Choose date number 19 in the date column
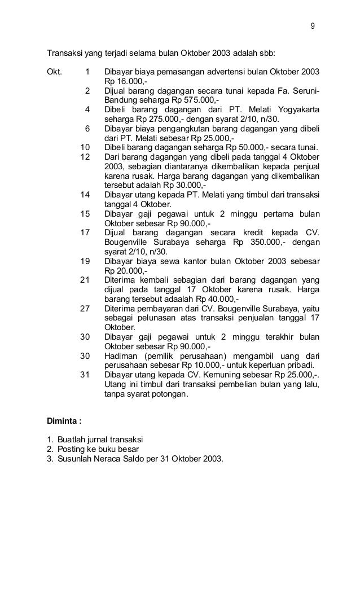[86, 262]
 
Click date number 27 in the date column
[86, 308]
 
